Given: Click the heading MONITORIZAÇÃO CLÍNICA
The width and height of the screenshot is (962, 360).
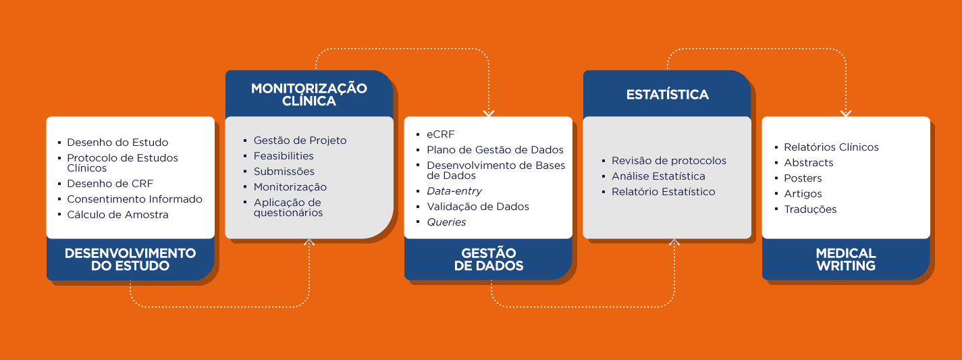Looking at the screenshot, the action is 309,95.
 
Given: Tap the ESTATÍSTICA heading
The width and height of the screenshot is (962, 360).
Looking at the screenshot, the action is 668,95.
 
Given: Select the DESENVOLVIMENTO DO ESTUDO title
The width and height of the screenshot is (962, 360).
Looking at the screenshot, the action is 130,259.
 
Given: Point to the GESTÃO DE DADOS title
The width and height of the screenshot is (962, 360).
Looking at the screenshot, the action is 489,259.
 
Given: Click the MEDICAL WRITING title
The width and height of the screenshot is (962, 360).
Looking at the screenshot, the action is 846,259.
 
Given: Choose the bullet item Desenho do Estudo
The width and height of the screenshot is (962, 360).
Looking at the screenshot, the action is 117,143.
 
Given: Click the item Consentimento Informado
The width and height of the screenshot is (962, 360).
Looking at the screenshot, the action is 134,199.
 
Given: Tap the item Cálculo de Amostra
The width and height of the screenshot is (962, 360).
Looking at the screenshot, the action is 117,214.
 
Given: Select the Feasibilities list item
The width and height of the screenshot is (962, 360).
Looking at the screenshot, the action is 284,155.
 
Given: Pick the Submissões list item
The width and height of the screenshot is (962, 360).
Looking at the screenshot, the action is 284,171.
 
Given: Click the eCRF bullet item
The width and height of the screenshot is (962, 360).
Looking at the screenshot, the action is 441,134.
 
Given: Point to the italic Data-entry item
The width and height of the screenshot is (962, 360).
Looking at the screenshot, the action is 454,191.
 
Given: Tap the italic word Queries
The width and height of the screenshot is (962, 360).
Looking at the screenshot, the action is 446,222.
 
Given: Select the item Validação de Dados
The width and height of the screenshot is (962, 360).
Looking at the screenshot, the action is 478,207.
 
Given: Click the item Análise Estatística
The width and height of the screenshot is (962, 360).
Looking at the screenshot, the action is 658,176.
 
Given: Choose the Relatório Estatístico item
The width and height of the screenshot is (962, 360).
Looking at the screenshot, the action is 664,192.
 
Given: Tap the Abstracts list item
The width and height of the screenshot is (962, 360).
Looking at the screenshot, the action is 809,162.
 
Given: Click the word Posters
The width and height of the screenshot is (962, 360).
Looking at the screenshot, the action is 803,178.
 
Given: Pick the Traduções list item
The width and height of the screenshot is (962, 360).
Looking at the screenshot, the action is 810,209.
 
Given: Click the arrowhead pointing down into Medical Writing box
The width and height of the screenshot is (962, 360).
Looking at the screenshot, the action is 846,113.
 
